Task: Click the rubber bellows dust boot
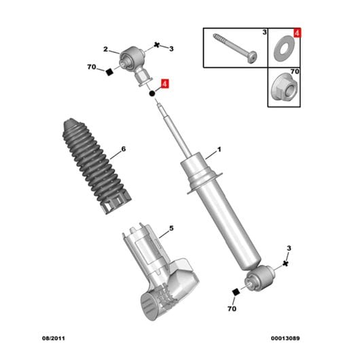click(x=96, y=166)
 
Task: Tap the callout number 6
click(x=124, y=149)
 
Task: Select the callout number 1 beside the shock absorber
click(x=219, y=149)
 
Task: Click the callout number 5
click(x=171, y=228)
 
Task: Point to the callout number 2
click(x=105, y=49)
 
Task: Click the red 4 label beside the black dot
click(x=164, y=84)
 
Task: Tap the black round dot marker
click(x=151, y=94)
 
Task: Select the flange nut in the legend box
click(x=284, y=87)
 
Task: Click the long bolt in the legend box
click(x=235, y=48)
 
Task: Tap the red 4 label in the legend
click(x=297, y=33)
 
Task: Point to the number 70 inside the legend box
click(x=295, y=71)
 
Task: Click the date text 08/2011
click(x=54, y=338)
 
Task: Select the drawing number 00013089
click(x=285, y=338)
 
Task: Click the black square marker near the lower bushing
click(x=236, y=292)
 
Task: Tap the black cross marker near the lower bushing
click(x=285, y=264)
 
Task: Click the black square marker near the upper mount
click(x=110, y=72)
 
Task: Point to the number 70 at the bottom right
click(x=232, y=309)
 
